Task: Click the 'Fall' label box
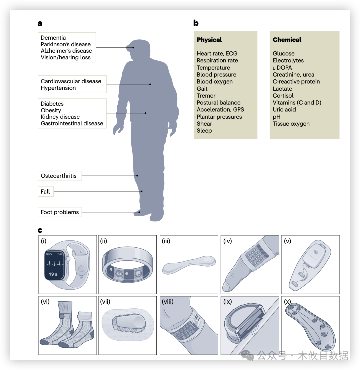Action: (x=45, y=191)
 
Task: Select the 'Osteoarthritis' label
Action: (x=59, y=176)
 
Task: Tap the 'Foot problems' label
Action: (x=60, y=212)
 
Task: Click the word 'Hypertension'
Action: (x=58, y=88)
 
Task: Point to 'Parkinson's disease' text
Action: (x=66, y=44)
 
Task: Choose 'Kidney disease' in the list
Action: (x=60, y=117)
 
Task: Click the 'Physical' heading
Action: (x=209, y=40)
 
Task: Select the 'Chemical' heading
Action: (x=287, y=40)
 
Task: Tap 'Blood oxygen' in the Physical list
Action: (x=215, y=82)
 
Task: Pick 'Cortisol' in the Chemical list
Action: (x=283, y=96)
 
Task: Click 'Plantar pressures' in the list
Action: (x=219, y=117)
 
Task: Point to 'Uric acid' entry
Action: (x=284, y=110)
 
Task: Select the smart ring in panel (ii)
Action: (x=127, y=266)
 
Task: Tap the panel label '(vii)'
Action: (x=105, y=302)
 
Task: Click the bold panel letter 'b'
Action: (x=196, y=23)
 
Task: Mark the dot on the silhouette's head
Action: (x=133, y=47)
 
